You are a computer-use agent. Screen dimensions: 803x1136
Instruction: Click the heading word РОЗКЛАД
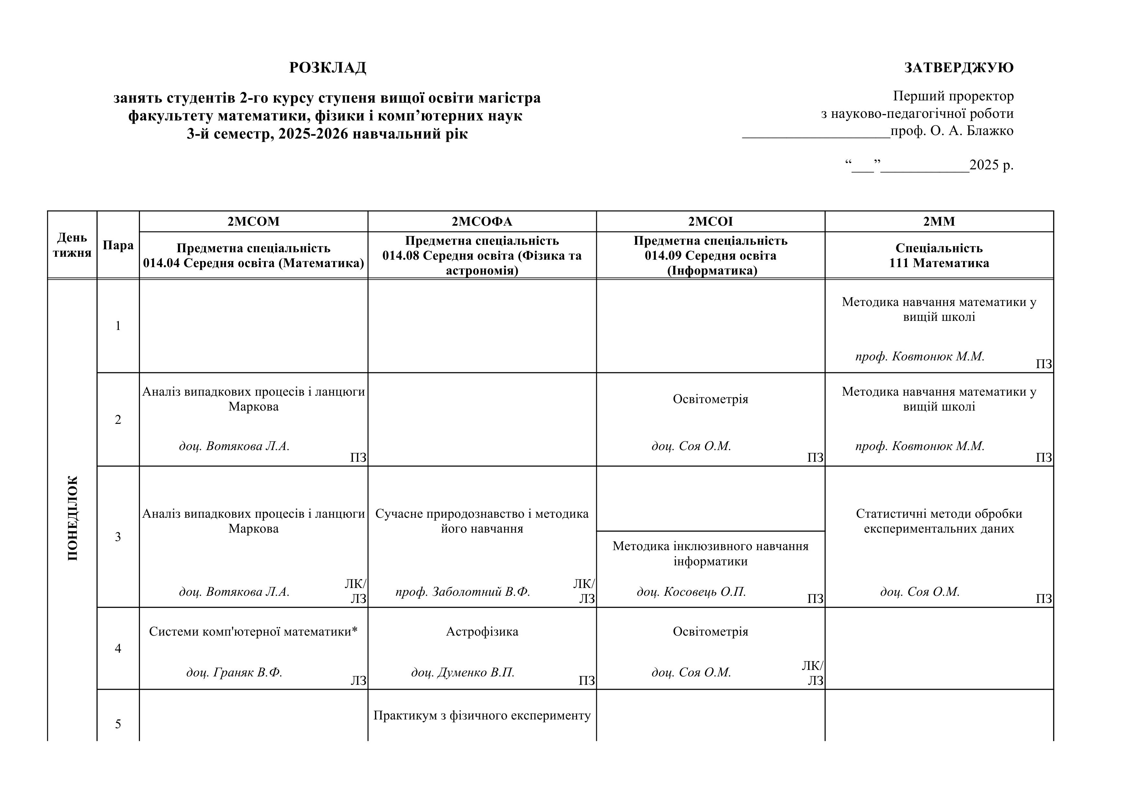(x=327, y=68)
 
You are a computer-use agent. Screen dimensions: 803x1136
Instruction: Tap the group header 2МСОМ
(x=253, y=222)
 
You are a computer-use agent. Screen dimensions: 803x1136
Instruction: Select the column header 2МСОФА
(x=482, y=222)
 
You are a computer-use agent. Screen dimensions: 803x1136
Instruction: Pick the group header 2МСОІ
(x=710, y=222)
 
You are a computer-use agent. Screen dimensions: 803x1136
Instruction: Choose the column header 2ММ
(x=939, y=222)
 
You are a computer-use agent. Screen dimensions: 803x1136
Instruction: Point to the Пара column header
(x=118, y=245)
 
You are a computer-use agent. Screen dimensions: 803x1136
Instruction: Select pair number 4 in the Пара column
(x=118, y=649)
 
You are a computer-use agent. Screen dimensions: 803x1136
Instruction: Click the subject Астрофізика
(x=482, y=632)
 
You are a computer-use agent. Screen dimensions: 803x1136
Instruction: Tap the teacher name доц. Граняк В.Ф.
(x=234, y=673)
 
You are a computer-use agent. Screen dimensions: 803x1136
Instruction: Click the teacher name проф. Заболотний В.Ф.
(x=463, y=592)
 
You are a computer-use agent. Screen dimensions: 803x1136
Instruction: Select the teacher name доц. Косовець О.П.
(x=691, y=592)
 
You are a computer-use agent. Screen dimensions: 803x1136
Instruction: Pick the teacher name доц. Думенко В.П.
(x=463, y=673)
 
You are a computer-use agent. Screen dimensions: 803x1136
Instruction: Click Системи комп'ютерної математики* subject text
(x=253, y=632)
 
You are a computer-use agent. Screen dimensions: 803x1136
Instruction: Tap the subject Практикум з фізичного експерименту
(x=482, y=716)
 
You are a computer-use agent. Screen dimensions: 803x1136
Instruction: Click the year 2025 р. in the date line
(x=991, y=165)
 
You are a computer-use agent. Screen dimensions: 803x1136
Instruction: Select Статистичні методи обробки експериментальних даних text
(x=939, y=521)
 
